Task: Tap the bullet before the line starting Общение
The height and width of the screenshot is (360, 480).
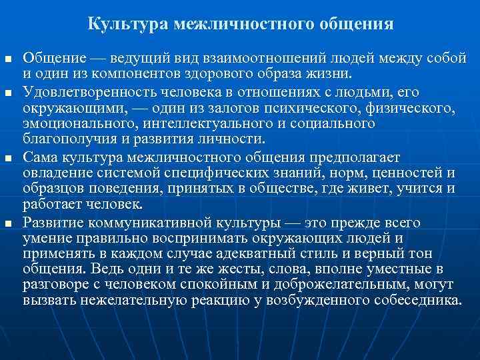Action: coord(8,59)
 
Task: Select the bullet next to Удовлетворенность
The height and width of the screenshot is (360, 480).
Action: coord(8,92)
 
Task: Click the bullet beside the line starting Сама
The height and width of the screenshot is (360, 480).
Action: coord(8,157)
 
